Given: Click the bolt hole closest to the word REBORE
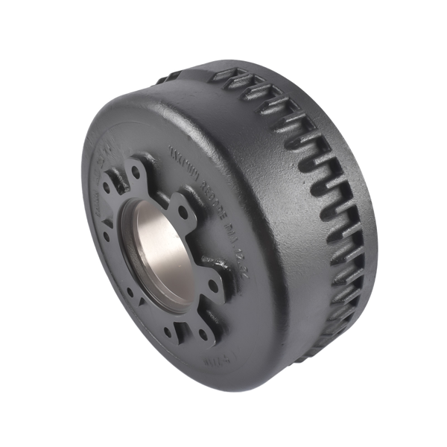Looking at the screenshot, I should click(x=183, y=212).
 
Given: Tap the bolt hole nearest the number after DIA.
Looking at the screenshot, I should click(x=215, y=285).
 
